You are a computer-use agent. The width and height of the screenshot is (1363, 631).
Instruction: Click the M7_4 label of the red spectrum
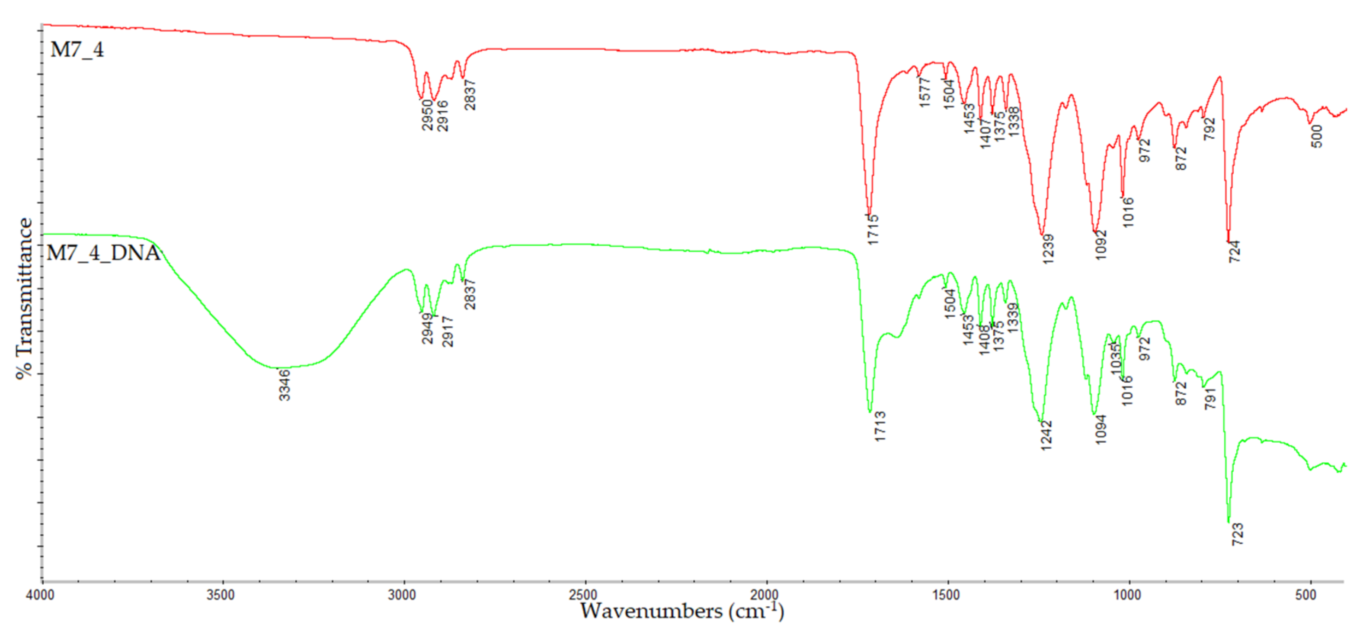pyautogui.click(x=77, y=50)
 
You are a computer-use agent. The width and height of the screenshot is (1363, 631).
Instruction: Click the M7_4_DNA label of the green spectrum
pyautogui.click(x=104, y=253)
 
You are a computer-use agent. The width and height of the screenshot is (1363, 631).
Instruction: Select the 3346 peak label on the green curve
pyautogui.click(x=285, y=385)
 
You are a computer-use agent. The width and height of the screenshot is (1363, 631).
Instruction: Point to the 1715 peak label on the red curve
pyautogui.click(x=873, y=230)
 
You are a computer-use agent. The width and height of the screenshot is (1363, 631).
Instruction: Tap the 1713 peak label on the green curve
pyautogui.click(x=880, y=427)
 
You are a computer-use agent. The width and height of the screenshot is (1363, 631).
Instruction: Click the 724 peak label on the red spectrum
pyautogui.click(x=1235, y=252)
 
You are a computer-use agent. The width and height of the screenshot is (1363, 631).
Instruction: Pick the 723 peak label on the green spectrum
pyautogui.click(x=1238, y=534)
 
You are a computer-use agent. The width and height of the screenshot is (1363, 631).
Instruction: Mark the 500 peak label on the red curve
pyautogui.click(x=1317, y=137)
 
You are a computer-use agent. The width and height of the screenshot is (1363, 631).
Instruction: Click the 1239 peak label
pyautogui.click(x=1048, y=249)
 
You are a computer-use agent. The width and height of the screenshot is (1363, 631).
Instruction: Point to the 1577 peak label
pyautogui.click(x=925, y=93)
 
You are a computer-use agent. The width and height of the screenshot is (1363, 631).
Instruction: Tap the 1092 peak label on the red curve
pyautogui.click(x=1101, y=245)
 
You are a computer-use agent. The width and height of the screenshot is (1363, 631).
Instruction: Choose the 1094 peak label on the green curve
pyautogui.click(x=1101, y=429)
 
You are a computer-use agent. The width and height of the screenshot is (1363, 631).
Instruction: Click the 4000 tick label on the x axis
pyautogui.click(x=40, y=595)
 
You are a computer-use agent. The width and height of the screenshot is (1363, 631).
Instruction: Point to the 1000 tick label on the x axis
pyautogui.click(x=1126, y=595)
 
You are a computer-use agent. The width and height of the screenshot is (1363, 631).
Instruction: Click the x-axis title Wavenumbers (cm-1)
pyautogui.click(x=681, y=612)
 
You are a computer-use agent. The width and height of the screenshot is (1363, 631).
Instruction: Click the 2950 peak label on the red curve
pyautogui.click(x=428, y=116)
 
